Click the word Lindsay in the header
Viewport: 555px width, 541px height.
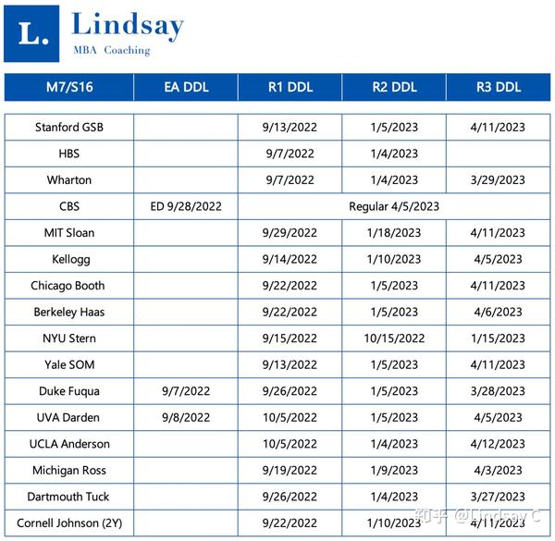pos(128,25)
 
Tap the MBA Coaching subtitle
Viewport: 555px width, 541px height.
pos(111,50)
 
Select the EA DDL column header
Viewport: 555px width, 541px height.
pos(186,88)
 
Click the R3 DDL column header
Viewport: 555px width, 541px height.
pos(499,88)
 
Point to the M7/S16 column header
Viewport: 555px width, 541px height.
pos(68,88)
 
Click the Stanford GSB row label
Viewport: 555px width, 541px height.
pos(69,128)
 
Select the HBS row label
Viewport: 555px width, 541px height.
pos(69,154)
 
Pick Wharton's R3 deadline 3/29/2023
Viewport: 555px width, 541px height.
pos(499,180)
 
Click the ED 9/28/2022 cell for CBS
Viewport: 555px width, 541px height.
pos(186,206)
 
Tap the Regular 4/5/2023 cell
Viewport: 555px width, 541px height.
pos(394,206)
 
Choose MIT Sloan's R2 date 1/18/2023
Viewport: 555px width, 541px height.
pos(394,233)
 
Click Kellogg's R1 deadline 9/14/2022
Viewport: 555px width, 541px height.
pos(290,260)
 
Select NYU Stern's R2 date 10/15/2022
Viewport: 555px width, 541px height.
pos(394,338)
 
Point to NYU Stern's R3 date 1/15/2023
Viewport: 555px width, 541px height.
pos(499,338)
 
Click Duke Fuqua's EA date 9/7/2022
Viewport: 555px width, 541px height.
pos(186,391)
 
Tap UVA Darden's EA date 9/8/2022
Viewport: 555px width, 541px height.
pos(186,417)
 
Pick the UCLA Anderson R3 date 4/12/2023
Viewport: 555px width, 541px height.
pos(499,444)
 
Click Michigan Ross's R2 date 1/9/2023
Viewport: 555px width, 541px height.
pos(394,470)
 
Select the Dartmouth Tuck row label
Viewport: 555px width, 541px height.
pos(69,497)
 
